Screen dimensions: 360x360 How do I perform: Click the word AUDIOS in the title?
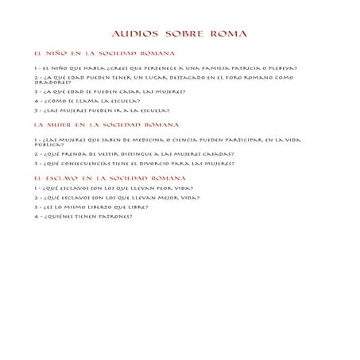(x=136, y=34)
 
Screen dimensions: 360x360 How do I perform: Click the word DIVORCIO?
(x=161, y=164)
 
